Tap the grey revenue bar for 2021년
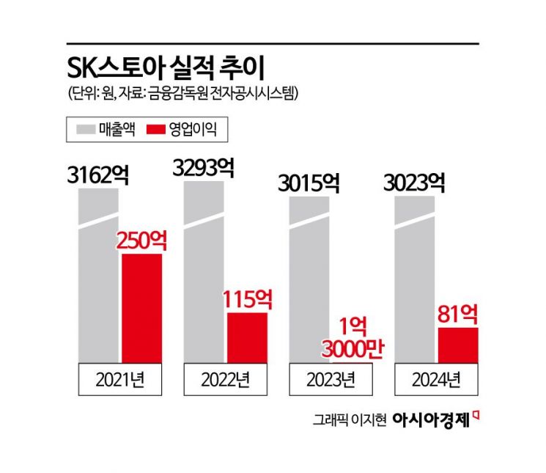coord(98,279)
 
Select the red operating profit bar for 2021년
coord(141,308)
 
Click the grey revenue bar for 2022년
coord(203,279)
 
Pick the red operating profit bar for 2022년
coord(247,337)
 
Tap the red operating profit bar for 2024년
coord(458,345)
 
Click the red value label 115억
coord(247,299)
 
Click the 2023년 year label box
coord(329,379)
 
